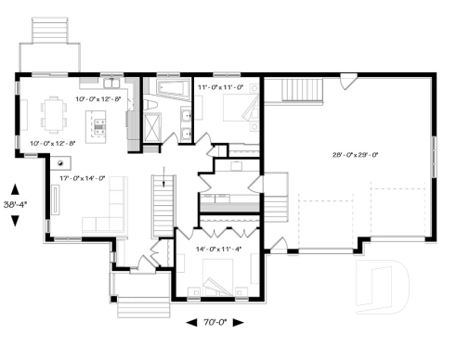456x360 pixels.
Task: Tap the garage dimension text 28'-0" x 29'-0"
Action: (347, 155)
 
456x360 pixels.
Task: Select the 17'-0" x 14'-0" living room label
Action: (82, 178)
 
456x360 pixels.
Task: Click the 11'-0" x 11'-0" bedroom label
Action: (221, 87)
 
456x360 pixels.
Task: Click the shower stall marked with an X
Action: (152, 129)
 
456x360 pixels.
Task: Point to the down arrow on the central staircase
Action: (163, 177)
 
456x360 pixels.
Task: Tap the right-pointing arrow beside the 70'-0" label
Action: (238, 324)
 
